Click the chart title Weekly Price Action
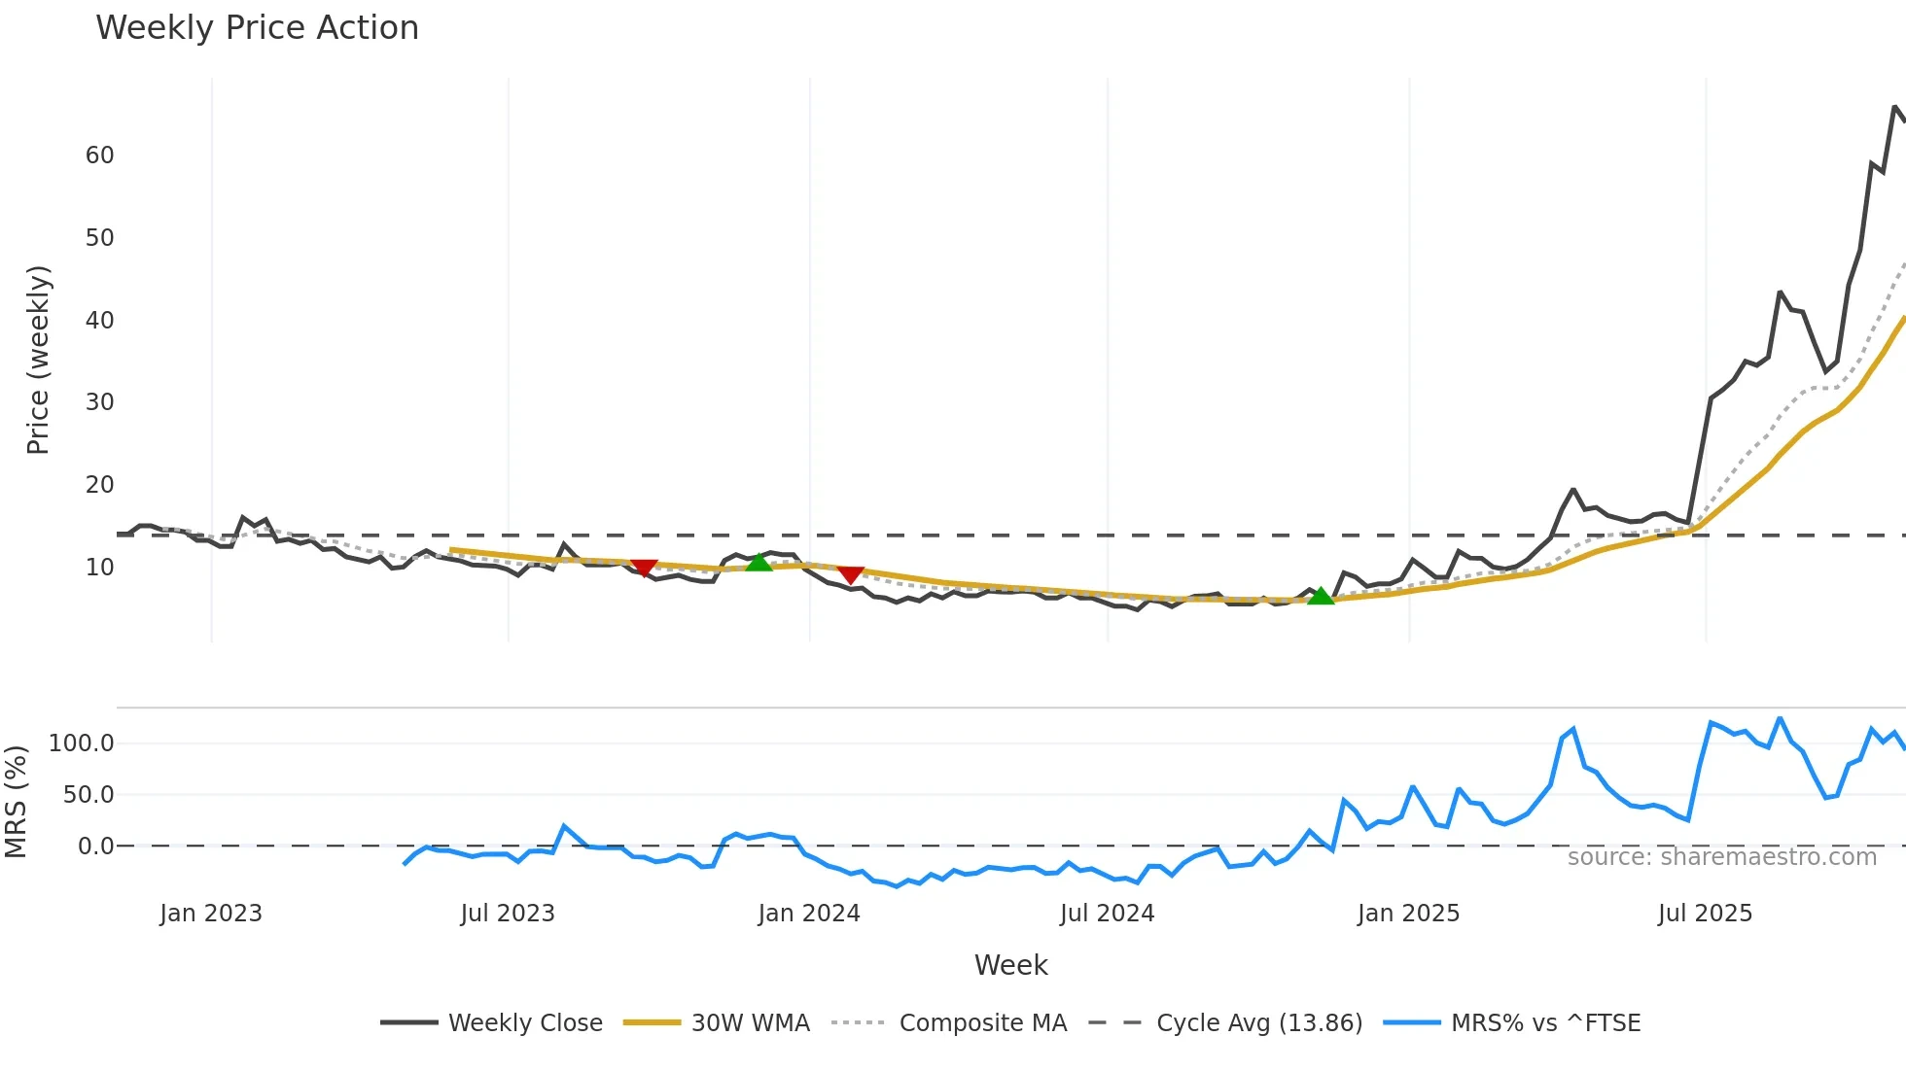tap(257, 28)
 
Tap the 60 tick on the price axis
tap(99, 155)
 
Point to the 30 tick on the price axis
tap(99, 402)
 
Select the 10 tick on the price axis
tap(99, 568)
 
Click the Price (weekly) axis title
tap(38, 360)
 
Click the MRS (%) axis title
tap(16, 802)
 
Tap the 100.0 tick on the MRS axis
tap(82, 743)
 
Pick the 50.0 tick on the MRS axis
tap(88, 795)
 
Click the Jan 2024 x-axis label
tap(809, 914)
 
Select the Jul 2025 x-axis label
tap(1705, 914)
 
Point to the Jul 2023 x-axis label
tap(508, 914)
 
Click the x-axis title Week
tap(1010, 965)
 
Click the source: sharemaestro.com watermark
tap(1721, 857)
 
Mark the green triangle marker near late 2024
tap(1321, 596)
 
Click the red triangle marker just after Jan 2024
tap(851, 575)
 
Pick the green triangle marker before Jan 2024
tap(759, 562)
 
